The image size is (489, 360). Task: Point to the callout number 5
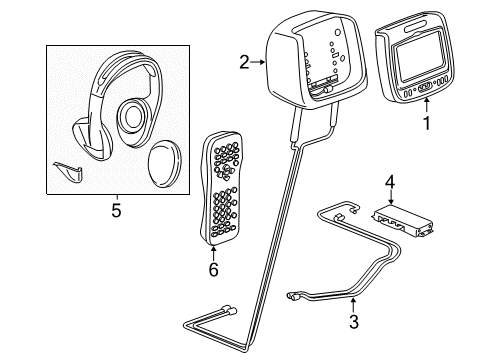pyautogui.click(x=115, y=210)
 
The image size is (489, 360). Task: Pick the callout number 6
pyautogui.click(x=212, y=270)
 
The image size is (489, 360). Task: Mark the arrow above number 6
pyautogui.click(x=212, y=254)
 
